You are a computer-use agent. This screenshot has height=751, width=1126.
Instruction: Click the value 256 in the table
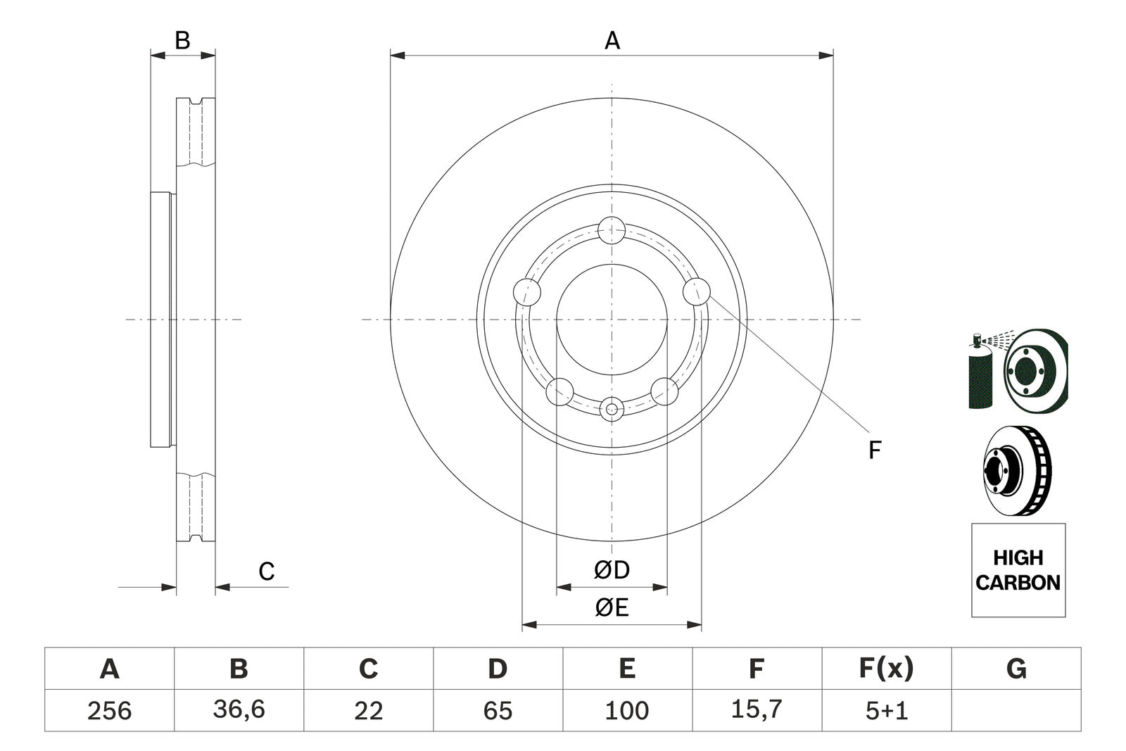pos(109,710)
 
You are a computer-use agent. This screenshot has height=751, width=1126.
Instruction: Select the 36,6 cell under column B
pos(239,709)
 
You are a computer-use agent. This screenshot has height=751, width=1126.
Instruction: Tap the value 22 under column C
pos(368,710)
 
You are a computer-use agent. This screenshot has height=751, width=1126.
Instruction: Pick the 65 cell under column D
pos(498,710)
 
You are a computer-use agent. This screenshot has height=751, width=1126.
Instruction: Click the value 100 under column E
pos(627,710)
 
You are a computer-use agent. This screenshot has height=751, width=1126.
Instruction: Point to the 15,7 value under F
pos(757,709)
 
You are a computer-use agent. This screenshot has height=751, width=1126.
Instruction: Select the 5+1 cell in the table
pos(886,710)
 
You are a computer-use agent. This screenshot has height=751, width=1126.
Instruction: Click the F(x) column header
pos(886,668)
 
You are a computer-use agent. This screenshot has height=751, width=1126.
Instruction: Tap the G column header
pos(1016,668)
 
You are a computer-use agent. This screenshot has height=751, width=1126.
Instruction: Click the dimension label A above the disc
pos(612,41)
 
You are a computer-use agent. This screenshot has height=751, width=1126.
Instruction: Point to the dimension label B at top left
pos(182,41)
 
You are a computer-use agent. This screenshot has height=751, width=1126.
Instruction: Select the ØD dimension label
pos(611,570)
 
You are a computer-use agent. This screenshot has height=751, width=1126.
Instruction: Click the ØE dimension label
pos(611,607)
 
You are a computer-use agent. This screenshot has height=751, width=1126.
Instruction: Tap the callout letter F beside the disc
pos(874,450)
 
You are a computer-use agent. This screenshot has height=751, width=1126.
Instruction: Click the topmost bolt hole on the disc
pos(612,230)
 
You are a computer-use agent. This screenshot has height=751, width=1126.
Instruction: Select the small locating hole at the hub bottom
pos(612,408)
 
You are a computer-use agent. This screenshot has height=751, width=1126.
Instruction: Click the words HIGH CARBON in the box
pos(1018,570)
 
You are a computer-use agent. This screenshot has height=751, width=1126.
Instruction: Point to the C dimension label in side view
pos(266,572)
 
